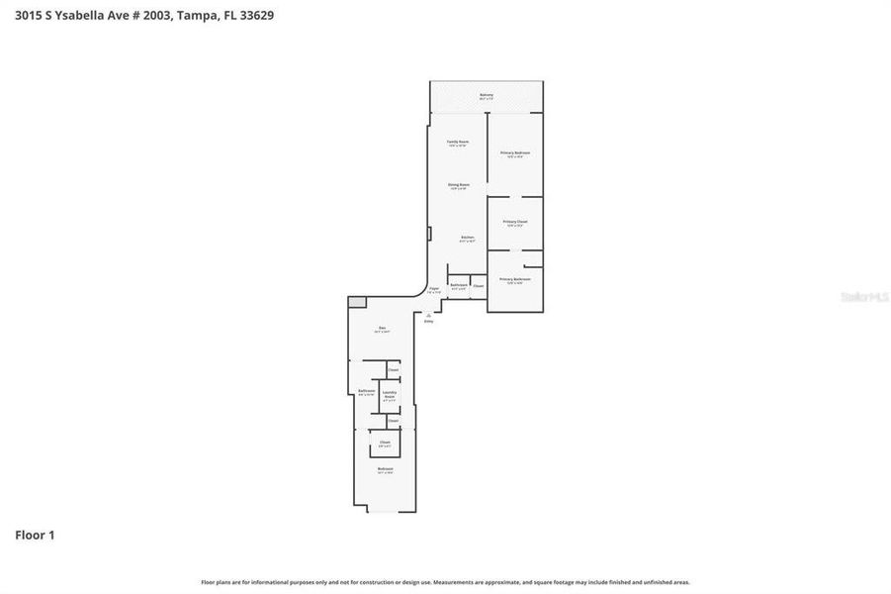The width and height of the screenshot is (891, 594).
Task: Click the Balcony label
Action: [x=486, y=96]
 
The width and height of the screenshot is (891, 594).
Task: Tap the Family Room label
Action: [x=457, y=143]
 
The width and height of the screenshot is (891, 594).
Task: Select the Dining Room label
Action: [x=459, y=185]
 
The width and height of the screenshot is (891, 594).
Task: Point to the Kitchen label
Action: [x=467, y=239]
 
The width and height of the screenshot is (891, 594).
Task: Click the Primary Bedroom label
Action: [x=514, y=153]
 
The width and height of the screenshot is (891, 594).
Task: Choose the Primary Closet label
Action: [x=515, y=223]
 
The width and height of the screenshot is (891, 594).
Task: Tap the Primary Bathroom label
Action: [x=515, y=280]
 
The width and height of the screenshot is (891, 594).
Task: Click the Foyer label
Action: [x=433, y=291]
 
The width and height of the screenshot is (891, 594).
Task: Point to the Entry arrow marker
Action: [x=428, y=316]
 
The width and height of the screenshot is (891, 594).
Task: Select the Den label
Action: [x=381, y=330]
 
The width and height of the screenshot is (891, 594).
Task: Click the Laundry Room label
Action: [x=390, y=394]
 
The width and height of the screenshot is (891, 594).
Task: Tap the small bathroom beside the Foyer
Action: [x=458, y=286]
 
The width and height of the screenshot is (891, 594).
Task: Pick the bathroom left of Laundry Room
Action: [x=366, y=392]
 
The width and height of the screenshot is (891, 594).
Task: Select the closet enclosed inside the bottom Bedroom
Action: [x=385, y=444]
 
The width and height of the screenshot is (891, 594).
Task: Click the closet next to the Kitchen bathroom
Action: [x=479, y=286]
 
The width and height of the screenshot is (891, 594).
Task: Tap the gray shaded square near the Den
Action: [x=357, y=301]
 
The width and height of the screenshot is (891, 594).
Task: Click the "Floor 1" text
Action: [x=35, y=536]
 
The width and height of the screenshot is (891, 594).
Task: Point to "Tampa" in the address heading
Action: [x=194, y=16]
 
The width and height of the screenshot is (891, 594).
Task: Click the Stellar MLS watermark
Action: [x=862, y=297]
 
